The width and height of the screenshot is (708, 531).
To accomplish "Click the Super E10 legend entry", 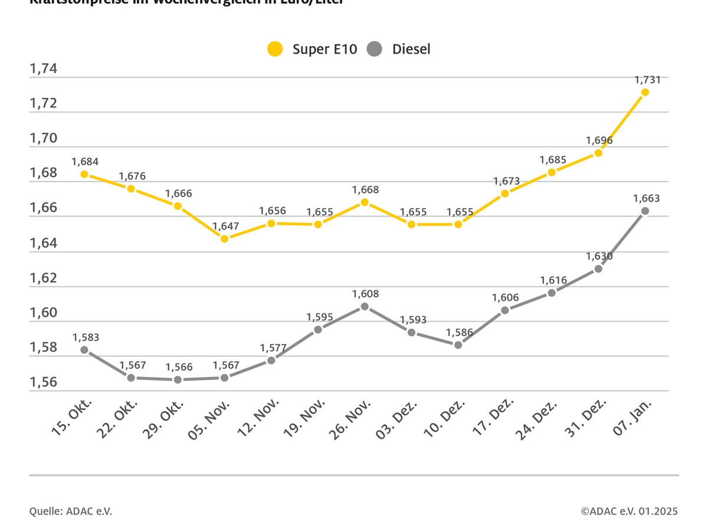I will click(313, 49).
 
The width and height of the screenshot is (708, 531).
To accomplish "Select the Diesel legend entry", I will click(399, 49).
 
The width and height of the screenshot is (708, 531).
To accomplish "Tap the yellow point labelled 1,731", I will click(645, 92).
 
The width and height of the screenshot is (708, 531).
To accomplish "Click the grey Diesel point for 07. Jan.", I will click(645, 211).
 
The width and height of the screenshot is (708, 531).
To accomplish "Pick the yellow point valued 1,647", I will click(224, 238).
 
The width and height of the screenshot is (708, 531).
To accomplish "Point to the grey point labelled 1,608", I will click(365, 306).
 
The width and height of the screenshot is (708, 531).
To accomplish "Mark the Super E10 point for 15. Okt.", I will click(84, 174).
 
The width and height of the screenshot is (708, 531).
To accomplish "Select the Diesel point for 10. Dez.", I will click(458, 345).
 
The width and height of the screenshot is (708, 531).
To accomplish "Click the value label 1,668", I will click(365, 190).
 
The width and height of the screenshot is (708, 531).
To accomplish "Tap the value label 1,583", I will click(86, 337).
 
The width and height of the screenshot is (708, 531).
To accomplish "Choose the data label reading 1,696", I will click(599, 140).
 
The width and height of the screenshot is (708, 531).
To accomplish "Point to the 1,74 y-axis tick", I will click(43, 69).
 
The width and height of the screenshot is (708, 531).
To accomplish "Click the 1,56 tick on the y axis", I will click(43, 382).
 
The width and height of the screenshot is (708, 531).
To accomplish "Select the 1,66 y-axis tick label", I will click(43, 208).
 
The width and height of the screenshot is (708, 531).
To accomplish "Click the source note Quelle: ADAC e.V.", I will click(70, 512).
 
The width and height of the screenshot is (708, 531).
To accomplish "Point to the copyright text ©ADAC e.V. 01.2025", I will click(629, 512).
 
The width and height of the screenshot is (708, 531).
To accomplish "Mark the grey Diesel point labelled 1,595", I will click(318, 329).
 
